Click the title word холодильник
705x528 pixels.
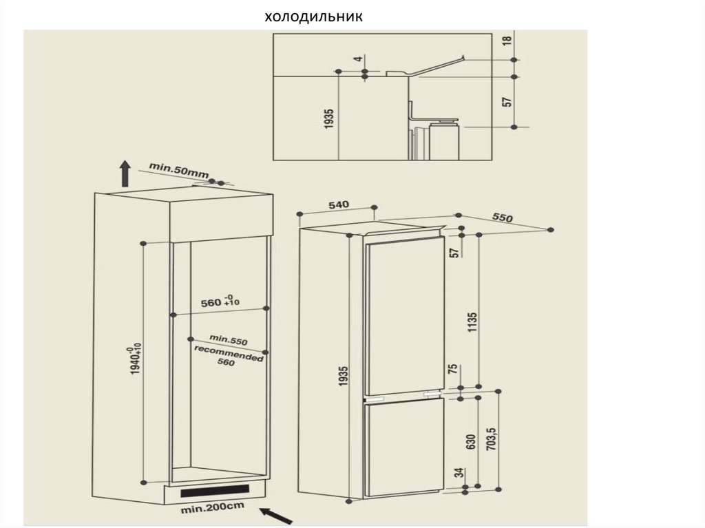[313, 17]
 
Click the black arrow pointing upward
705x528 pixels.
[125, 173]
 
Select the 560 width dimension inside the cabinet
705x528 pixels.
[220, 301]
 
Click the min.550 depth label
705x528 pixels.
[229, 340]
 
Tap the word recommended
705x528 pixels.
[229, 354]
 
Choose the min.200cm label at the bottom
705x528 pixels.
[212, 508]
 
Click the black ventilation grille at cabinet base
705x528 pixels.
[215, 491]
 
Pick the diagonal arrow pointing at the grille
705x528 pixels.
[277, 516]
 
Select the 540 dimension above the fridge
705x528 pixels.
[339, 205]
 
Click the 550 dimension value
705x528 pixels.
[502, 218]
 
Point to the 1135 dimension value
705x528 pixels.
[472, 322]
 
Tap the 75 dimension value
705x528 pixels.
[454, 368]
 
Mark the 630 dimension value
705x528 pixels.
[471, 442]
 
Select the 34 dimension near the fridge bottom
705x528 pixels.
[459, 473]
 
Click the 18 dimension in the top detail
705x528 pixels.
[507, 39]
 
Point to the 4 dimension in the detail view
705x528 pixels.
[358, 59]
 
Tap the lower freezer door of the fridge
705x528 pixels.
[404, 448]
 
